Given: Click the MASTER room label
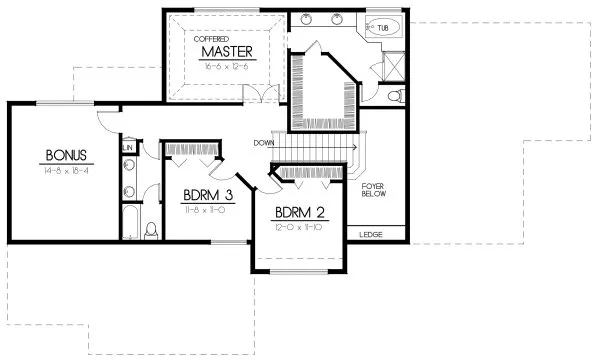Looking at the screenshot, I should click(225, 50).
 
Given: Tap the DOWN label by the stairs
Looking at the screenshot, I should click(264, 141).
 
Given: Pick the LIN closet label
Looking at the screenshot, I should click(128, 147).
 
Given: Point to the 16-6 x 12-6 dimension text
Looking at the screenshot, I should click(225, 65).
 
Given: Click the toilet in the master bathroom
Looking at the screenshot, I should click(396, 96).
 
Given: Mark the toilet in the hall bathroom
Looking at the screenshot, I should click(151, 231).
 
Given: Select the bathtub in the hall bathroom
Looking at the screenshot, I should click(130, 223).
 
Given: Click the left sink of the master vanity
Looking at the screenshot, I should click(305, 19).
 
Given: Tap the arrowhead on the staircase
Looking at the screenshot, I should click(354, 143).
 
